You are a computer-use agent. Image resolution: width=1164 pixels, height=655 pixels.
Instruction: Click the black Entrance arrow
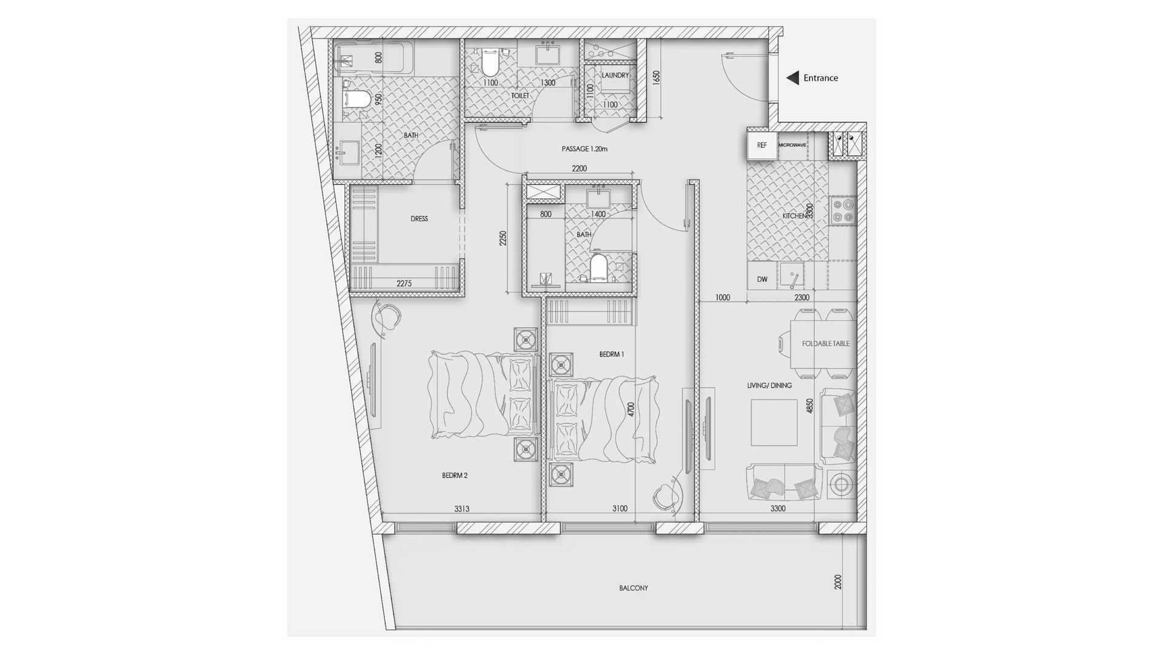click(x=792, y=78)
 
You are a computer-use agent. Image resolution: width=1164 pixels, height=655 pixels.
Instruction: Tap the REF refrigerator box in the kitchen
click(x=762, y=146)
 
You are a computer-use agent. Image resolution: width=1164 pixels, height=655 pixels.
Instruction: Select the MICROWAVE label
click(x=792, y=145)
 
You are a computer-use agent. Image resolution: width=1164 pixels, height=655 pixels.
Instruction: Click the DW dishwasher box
click(x=762, y=279)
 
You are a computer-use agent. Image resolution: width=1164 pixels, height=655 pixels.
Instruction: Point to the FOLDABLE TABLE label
click(x=826, y=343)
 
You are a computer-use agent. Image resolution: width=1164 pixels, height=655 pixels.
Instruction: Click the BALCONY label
click(x=634, y=588)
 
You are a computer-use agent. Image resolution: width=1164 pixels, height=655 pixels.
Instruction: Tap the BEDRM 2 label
click(x=455, y=475)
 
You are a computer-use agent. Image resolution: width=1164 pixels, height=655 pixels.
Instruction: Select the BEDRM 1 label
click(x=612, y=354)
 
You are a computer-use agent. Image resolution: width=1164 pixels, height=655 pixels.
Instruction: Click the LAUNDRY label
click(x=615, y=75)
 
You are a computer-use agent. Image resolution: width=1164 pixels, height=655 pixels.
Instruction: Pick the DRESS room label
click(x=419, y=218)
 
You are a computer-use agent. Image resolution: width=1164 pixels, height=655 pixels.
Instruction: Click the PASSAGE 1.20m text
click(x=584, y=149)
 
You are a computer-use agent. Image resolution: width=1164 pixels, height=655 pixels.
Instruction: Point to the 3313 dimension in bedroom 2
click(x=462, y=509)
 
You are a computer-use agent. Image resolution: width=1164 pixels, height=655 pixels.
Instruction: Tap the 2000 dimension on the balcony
click(x=838, y=582)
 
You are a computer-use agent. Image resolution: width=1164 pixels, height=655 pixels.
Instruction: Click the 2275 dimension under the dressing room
click(x=404, y=283)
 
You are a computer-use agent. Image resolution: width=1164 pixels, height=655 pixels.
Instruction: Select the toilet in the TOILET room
click(x=489, y=62)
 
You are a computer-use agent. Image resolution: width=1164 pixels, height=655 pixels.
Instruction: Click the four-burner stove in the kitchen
click(x=843, y=210)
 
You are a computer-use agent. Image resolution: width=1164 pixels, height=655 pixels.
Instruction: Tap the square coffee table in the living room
click(x=774, y=423)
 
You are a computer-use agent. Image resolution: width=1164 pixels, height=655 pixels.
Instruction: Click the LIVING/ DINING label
click(x=769, y=385)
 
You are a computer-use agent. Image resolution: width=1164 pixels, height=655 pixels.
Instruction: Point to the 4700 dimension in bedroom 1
click(x=631, y=409)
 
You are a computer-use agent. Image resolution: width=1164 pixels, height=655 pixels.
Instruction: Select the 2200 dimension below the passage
click(x=579, y=169)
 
